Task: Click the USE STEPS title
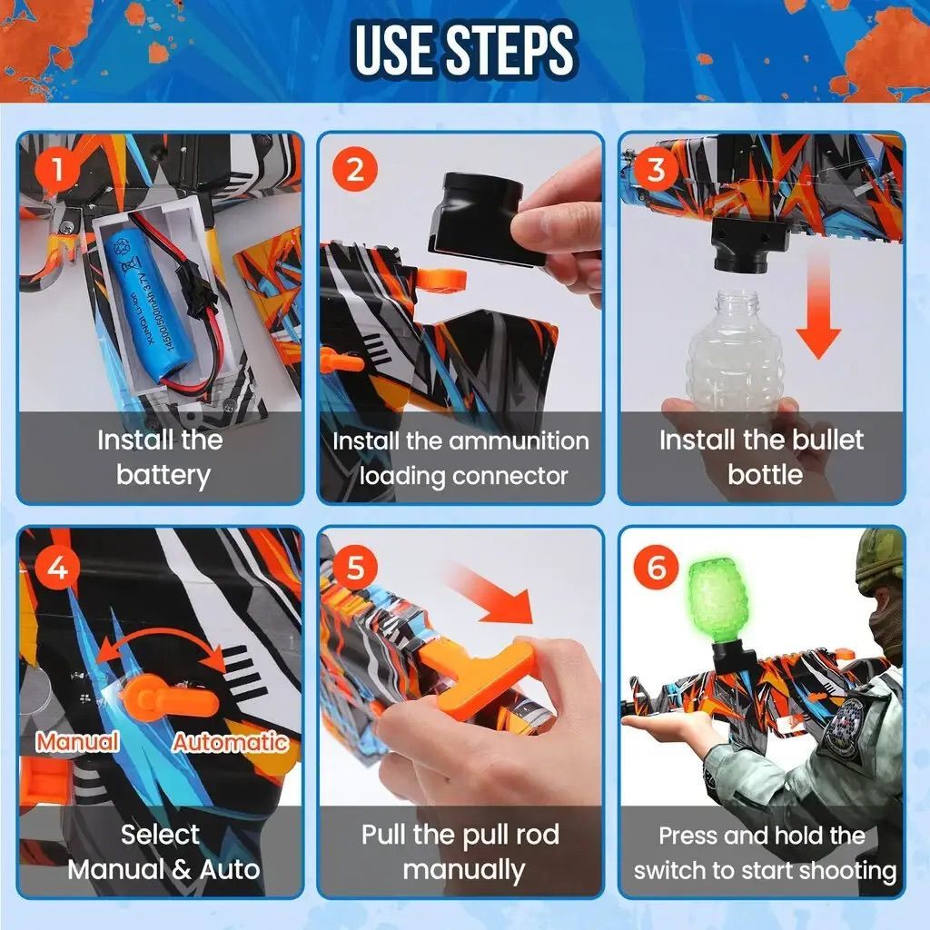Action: point(464,50)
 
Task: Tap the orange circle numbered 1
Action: point(57,170)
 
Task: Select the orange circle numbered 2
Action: point(355,170)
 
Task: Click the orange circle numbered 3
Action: point(656,170)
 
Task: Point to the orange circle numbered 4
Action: point(57,568)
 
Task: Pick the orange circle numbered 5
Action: point(355,568)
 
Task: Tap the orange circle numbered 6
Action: point(656,568)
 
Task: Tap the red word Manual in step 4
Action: point(78,742)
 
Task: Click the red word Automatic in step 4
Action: point(230,742)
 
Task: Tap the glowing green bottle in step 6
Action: point(717,602)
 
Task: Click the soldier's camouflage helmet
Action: point(882,560)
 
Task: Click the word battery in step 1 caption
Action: point(163,476)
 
